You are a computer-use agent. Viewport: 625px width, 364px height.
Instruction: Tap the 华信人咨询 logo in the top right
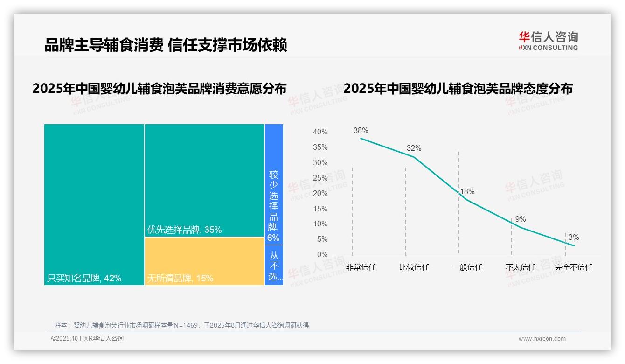[548, 41]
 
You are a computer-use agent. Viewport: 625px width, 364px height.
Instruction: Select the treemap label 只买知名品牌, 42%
[84, 279]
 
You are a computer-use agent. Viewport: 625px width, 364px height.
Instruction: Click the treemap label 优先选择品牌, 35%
[184, 230]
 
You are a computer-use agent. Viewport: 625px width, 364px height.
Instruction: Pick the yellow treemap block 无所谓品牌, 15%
[204, 261]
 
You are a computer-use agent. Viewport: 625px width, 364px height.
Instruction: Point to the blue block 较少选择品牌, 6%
[274, 205]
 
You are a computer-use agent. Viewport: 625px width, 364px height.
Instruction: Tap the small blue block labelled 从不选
[274, 266]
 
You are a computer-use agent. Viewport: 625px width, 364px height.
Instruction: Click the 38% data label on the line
[361, 131]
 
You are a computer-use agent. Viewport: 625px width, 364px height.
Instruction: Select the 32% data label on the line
[414, 148]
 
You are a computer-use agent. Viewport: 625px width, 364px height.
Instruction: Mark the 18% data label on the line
[467, 192]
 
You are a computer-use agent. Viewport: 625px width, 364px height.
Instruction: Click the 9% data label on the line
[521, 219]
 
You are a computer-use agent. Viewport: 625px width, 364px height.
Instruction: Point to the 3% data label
[573, 238]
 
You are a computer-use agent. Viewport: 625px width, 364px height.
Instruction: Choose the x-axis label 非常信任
[361, 267]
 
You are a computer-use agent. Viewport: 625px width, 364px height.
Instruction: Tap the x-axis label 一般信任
[467, 267]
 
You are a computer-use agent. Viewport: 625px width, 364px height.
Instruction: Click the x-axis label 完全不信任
[573, 267]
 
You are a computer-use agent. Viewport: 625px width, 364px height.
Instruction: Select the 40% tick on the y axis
[320, 132]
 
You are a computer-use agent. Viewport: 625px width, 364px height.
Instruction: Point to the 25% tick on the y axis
[320, 178]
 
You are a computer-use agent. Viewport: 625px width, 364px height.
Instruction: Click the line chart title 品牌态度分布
[458, 89]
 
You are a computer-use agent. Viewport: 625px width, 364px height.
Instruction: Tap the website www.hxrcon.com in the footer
[542, 339]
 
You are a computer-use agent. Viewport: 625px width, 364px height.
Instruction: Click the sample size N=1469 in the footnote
[187, 325]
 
